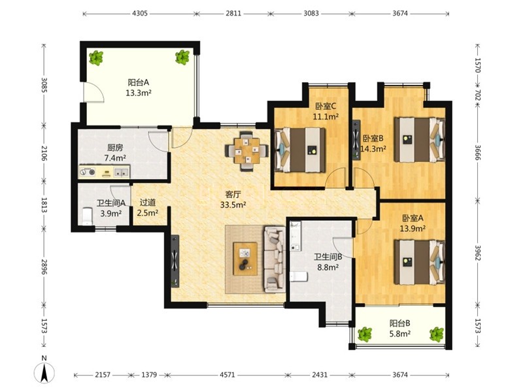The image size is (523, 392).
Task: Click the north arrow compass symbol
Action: [x=44, y=370]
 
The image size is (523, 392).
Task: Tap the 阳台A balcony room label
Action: [x=139, y=82]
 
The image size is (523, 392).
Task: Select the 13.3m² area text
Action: [x=139, y=93]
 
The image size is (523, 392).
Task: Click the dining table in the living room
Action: [x=247, y=151]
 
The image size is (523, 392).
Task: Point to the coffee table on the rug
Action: [x=245, y=259]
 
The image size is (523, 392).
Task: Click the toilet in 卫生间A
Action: [x=87, y=216]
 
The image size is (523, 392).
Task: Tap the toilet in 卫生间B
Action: [x=299, y=276]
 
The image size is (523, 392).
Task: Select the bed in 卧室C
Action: [x=299, y=150]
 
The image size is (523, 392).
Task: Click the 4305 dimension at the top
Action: [x=140, y=14]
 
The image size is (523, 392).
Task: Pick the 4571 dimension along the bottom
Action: [x=227, y=375]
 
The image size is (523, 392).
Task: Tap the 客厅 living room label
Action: [x=233, y=194]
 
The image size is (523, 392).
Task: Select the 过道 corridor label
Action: [x=148, y=203]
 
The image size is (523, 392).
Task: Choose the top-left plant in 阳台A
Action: [x=96, y=57]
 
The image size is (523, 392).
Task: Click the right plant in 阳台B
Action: [x=437, y=335]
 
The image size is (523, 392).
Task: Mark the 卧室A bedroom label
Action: [x=413, y=218]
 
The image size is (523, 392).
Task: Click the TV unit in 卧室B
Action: [x=356, y=140]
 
